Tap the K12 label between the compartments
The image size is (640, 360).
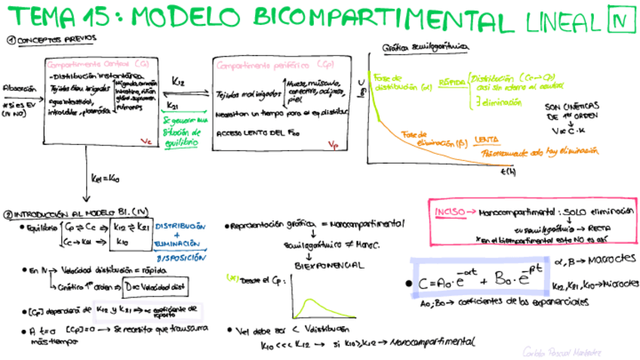179,81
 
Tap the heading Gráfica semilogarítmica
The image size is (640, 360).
426,47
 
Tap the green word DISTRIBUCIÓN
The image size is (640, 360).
180,226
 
